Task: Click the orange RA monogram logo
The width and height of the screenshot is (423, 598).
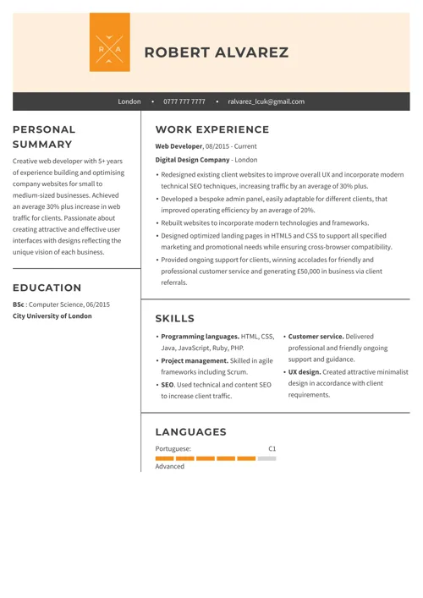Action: (110, 42)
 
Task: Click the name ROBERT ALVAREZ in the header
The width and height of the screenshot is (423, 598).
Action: (217, 52)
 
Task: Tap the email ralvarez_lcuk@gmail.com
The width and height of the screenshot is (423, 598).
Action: (266, 101)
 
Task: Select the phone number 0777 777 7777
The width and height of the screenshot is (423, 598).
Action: (184, 101)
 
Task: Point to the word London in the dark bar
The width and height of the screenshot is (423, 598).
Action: (129, 101)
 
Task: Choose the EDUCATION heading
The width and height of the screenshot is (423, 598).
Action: (47, 288)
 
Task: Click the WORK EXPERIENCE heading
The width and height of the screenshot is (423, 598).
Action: (212, 129)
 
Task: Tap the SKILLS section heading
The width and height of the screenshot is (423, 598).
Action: (175, 318)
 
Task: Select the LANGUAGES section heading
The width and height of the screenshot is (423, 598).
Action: (191, 431)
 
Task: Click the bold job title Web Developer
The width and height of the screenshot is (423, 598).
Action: (179, 146)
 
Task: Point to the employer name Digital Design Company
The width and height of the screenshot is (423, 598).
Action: (193, 159)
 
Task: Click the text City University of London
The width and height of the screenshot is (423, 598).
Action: (52, 316)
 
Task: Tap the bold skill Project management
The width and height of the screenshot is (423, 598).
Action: (195, 360)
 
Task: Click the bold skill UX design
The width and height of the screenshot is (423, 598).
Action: (305, 371)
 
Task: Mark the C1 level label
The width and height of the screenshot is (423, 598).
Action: (272, 448)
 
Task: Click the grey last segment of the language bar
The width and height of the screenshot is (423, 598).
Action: (266, 458)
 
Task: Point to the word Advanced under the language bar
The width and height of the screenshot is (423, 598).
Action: (170, 467)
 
